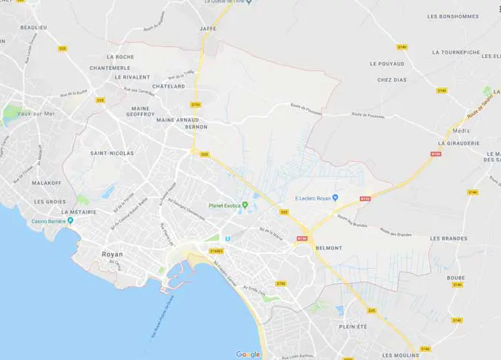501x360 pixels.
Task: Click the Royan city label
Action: tap(111, 254)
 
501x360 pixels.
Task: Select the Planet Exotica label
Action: tap(227, 206)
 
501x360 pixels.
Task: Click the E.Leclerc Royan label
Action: tap(313, 197)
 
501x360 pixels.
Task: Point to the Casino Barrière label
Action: tap(49, 220)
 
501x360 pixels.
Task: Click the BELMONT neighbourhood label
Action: tap(328, 248)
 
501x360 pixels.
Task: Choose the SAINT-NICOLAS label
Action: tap(111, 153)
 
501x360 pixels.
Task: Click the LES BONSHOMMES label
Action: tap(453, 16)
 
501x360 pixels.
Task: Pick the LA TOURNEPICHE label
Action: tap(456, 52)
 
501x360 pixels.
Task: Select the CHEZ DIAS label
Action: tap(392, 79)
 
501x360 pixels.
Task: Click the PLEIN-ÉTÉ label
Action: tap(353, 326)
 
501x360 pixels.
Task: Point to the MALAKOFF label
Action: tap(47, 182)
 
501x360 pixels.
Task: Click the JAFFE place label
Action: tap(208, 28)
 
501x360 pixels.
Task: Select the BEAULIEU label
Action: tap(34, 27)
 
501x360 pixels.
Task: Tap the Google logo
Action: tap(248, 354)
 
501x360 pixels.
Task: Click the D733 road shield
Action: tap(196, 105)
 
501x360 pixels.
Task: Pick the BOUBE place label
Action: tap(456, 278)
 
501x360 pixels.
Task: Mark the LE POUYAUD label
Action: tap(386, 64)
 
